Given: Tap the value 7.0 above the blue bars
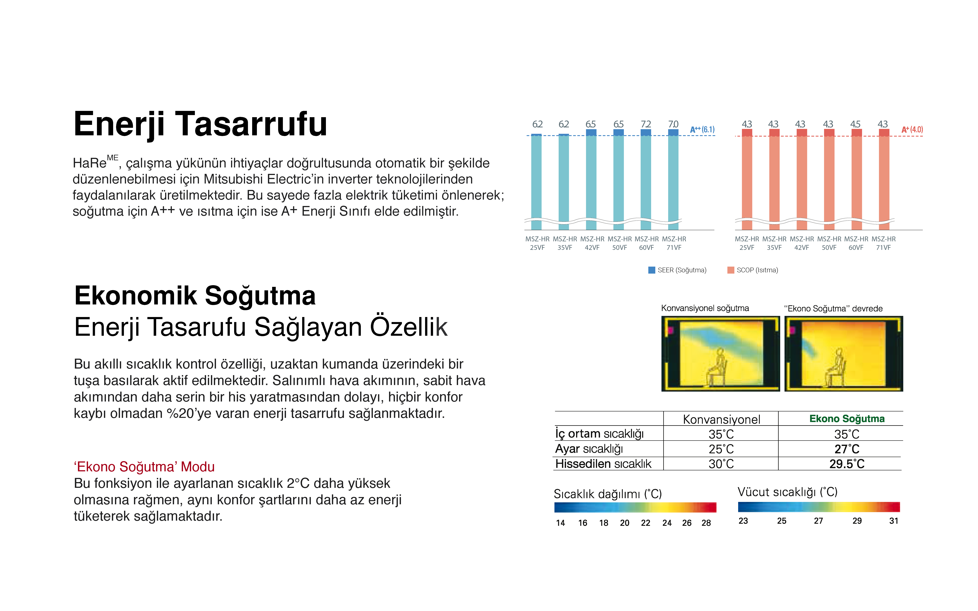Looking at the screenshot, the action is click(x=673, y=124).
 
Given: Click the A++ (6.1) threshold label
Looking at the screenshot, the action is click(x=702, y=130).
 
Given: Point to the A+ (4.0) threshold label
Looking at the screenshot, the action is click(x=912, y=130).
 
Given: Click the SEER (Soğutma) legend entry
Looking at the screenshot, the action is click(x=677, y=270).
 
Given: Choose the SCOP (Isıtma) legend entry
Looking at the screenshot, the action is click(x=753, y=270).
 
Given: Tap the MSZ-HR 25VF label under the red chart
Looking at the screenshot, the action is click(x=747, y=243).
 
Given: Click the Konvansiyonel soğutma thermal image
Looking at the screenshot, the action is click(x=721, y=354).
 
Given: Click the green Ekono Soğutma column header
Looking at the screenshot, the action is click(x=847, y=419).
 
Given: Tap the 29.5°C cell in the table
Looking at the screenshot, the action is click(x=847, y=464).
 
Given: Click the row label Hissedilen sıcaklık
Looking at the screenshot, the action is click(x=603, y=464).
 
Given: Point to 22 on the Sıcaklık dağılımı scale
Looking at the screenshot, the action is click(x=646, y=523).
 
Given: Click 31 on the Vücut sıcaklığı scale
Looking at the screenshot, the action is click(x=894, y=521).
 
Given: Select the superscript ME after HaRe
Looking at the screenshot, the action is click(x=113, y=158).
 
